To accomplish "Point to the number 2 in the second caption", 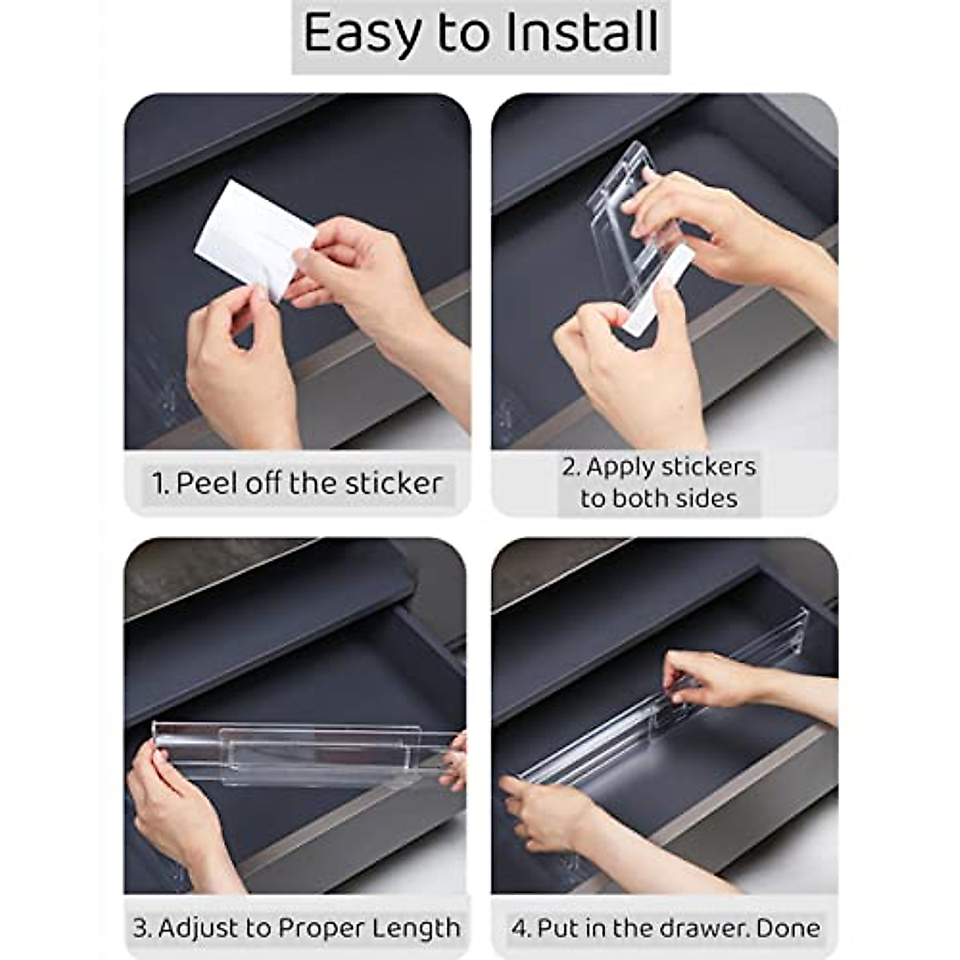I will (x=569, y=466).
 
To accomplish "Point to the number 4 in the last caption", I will (x=518, y=928).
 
